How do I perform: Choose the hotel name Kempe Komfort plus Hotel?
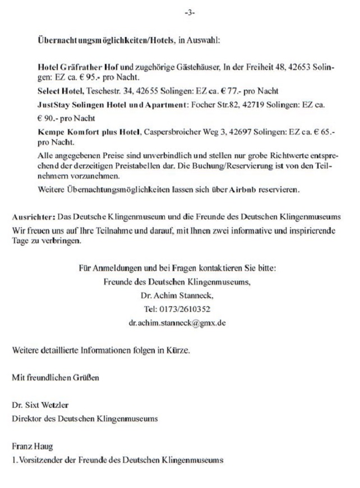pyautogui.click(x=89, y=133)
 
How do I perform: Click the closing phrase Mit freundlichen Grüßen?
pyautogui.click(x=56, y=377)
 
